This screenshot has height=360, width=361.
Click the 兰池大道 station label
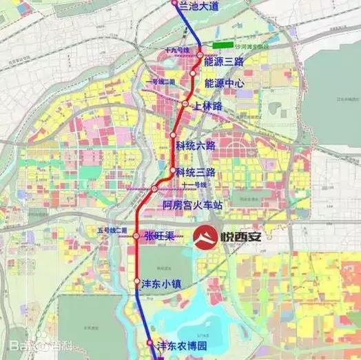point(198,6)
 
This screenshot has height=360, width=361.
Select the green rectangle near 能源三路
point(222,45)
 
